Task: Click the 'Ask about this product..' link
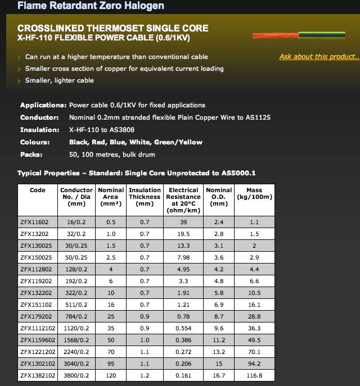pyautogui.click(x=318, y=57)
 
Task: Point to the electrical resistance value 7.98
pyautogui.click(x=183, y=257)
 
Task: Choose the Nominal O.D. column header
pyautogui.click(x=219, y=197)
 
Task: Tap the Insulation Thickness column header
pyautogui.click(x=145, y=197)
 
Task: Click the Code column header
pyautogui.click(x=38, y=190)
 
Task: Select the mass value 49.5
pyautogui.click(x=254, y=340)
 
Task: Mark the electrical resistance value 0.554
pyautogui.click(x=183, y=328)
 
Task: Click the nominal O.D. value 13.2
pyautogui.click(x=219, y=352)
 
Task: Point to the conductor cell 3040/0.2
pyautogui.click(x=76, y=364)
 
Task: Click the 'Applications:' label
pyautogui.click(x=43, y=105)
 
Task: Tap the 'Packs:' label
pyautogui.click(x=32, y=155)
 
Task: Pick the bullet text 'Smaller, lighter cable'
pyautogui.click(x=60, y=80)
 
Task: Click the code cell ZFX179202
pyautogui.click(x=35, y=316)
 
